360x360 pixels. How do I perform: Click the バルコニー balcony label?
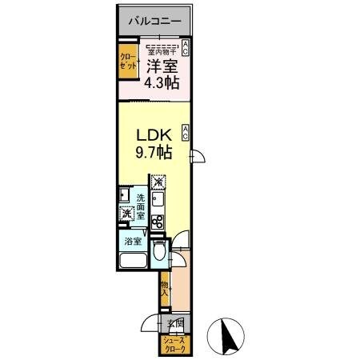[155, 22]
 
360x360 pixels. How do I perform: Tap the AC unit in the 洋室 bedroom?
[186, 47]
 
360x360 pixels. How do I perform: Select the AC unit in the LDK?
[186, 130]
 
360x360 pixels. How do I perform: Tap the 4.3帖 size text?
[162, 82]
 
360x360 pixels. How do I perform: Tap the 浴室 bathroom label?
[133, 241]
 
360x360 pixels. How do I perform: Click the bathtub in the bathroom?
[132, 262]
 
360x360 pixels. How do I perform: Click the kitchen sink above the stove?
[158, 201]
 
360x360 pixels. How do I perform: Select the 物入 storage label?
[164, 289]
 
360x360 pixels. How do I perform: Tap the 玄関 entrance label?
[177, 323]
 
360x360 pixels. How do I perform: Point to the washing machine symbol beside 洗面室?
[126, 214]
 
